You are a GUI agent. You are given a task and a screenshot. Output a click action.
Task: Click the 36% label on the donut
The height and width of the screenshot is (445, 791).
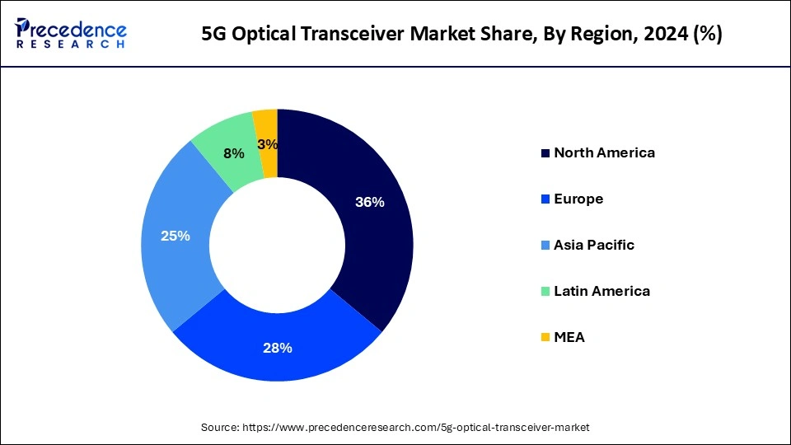[369, 202]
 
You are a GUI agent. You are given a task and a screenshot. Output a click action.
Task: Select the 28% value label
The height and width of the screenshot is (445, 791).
[277, 348]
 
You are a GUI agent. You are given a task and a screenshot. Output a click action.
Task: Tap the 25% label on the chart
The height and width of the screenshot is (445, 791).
[176, 236]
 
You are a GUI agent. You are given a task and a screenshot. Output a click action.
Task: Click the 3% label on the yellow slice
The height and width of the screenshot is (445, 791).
[267, 144]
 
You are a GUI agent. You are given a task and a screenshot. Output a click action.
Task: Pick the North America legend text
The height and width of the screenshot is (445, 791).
[604, 152]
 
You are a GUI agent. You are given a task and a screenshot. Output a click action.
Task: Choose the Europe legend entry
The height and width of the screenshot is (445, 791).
[578, 199]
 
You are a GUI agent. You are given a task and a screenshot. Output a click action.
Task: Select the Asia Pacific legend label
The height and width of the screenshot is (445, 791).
[594, 245]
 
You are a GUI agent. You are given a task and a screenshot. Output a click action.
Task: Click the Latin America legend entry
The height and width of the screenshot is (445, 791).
[601, 291]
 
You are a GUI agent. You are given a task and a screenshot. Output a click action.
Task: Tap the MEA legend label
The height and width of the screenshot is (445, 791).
[569, 337]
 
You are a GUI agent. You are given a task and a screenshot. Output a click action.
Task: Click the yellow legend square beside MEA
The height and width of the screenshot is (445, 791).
[545, 338]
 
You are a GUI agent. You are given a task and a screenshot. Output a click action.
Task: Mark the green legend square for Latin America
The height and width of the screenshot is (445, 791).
[545, 292]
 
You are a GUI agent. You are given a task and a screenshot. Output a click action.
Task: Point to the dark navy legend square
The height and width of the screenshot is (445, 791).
[545, 153]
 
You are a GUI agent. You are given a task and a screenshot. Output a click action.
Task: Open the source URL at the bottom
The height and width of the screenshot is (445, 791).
[416, 428]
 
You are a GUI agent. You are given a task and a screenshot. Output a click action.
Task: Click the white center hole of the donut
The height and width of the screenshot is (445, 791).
[278, 244]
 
